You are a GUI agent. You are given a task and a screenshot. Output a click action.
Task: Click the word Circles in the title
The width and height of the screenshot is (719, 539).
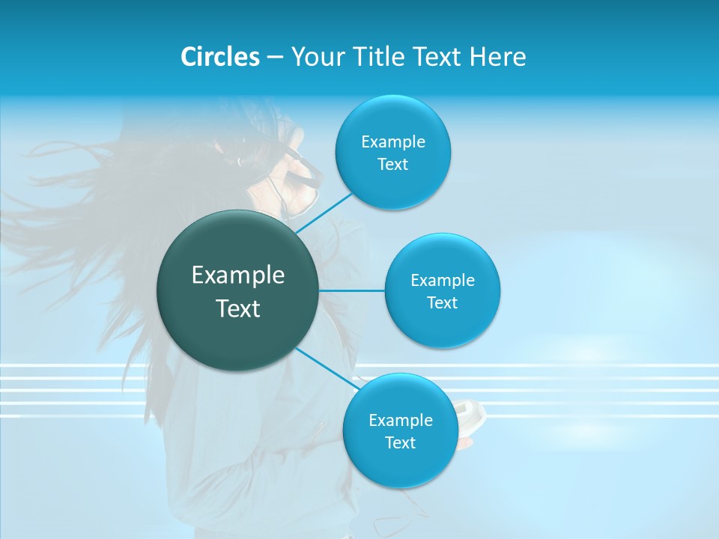219,57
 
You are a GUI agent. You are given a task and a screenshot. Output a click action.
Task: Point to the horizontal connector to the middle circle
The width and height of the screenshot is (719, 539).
352,290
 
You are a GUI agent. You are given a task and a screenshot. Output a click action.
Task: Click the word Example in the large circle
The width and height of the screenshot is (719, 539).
238,275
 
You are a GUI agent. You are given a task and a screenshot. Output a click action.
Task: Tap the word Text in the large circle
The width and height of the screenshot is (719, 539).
238,308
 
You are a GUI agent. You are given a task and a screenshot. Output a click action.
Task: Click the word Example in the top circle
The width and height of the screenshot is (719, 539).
393,142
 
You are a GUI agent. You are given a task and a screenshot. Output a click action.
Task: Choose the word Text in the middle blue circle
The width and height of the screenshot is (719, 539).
442,302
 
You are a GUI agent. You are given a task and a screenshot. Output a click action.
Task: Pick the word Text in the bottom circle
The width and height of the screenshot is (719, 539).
400,442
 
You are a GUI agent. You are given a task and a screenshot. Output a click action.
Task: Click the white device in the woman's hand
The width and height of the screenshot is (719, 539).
470,411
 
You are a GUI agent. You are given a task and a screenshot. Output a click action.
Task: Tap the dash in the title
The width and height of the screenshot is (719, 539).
275,58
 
